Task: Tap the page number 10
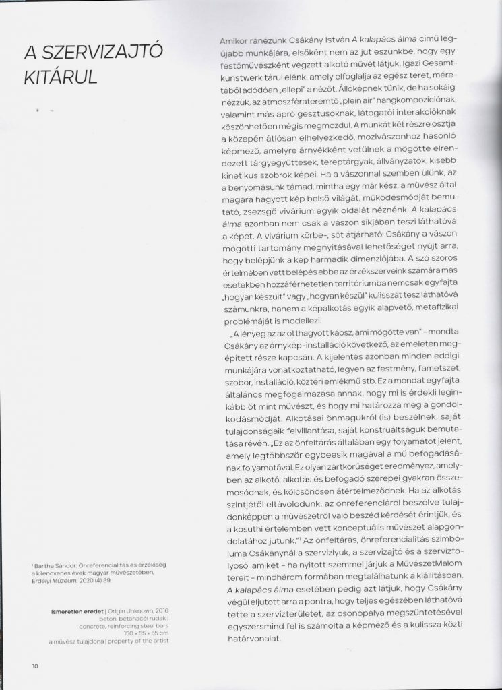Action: (x=34, y=666)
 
